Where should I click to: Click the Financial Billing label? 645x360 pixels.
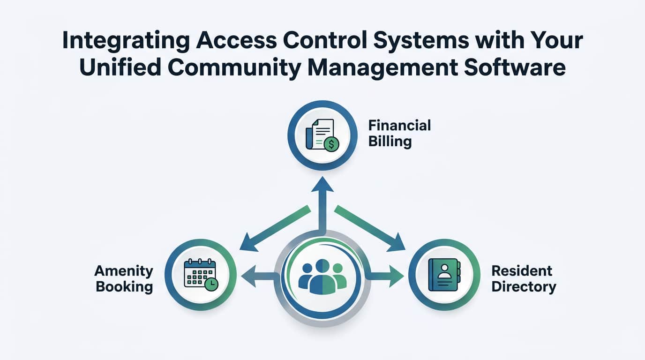[x=399, y=133]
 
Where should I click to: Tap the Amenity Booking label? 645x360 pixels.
[x=124, y=278]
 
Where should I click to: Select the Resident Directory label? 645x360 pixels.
[x=523, y=278]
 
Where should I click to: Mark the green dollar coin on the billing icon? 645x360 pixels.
[x=331, y=144]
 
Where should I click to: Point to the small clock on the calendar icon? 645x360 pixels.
[x=211, y=284]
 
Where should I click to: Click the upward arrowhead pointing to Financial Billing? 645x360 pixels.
[x=322, y=184]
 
